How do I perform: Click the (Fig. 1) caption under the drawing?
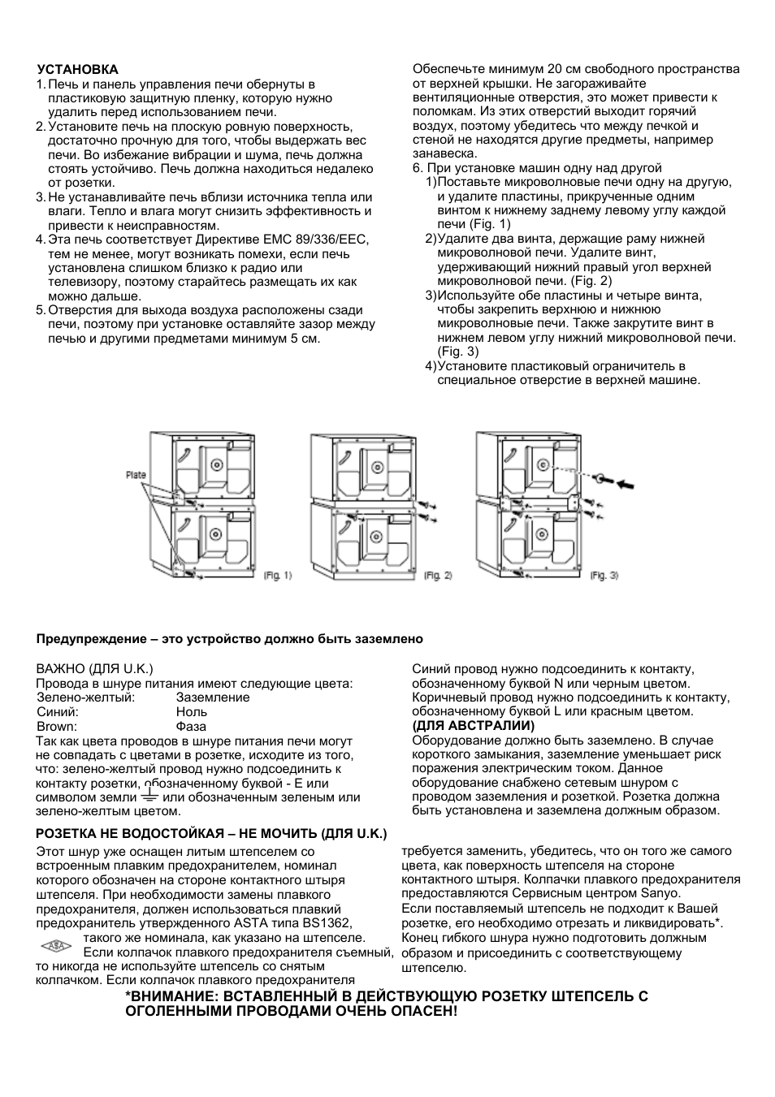tap(277, 576)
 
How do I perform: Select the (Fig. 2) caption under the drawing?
tap(438, 576)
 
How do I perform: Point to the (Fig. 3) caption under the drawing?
tap(604, 576)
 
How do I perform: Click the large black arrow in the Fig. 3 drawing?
tap(626, 484)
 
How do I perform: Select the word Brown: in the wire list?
tap(57, 727)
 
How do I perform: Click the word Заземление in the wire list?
tap(213, 698)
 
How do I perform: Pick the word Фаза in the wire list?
tap(191, 727)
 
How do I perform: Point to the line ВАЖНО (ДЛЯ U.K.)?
tap(94, 669)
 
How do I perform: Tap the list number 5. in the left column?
tap(41, 310)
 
